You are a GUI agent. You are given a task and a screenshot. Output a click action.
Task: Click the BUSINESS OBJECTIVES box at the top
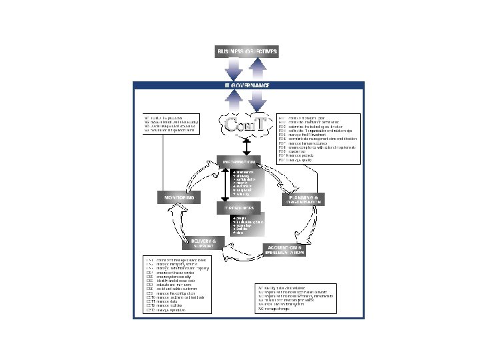[246, 51]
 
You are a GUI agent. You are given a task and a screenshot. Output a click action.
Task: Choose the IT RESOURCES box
[235, 208]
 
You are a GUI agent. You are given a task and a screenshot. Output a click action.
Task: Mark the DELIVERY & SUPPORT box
[205, 241]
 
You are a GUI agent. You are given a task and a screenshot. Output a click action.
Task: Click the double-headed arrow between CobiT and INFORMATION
[247, 145]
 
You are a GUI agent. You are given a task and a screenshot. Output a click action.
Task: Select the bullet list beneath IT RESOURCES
[246, 225]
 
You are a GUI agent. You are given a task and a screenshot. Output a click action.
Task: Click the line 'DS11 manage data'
[163, 301]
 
